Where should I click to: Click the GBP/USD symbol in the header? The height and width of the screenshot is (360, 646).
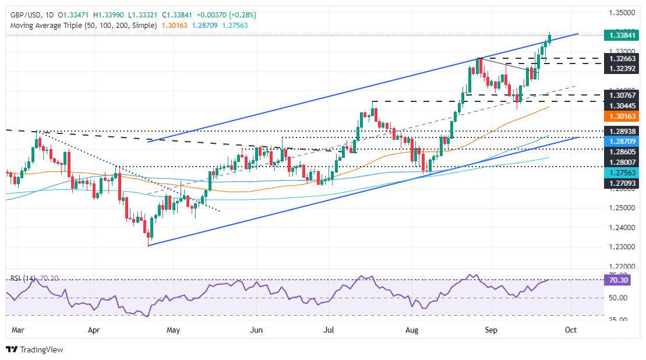23,15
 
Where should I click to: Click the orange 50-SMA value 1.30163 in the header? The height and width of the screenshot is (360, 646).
175,26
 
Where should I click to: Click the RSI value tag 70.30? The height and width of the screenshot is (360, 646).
614,280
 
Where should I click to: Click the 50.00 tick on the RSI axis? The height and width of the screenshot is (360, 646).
614,298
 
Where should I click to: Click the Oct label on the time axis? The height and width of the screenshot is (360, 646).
570,330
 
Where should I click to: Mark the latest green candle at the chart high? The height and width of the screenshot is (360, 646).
550,38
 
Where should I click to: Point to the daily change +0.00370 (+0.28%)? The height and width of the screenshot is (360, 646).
227,15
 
